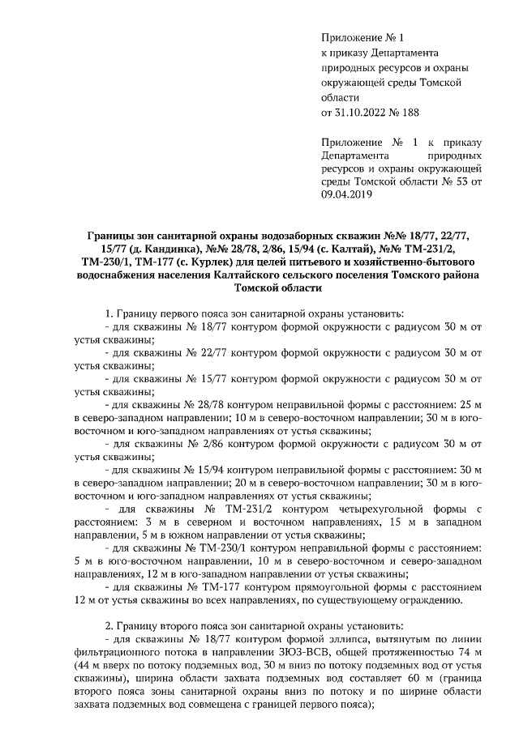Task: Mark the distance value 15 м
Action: click(422, 522)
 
